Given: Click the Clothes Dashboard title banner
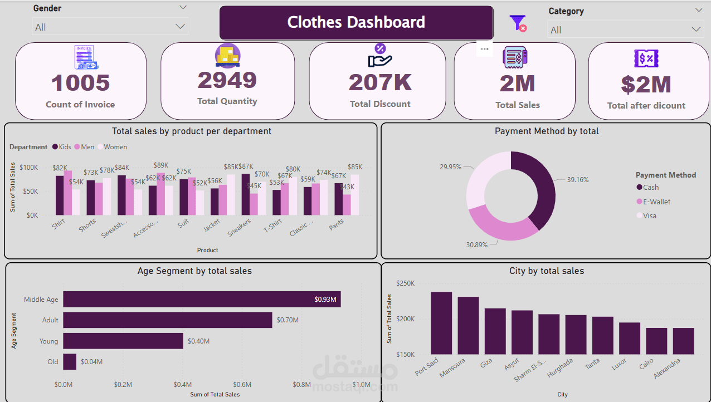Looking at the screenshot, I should (x=356, y=22).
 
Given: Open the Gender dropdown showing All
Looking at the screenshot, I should (x=110, y=27).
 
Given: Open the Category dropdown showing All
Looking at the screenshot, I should (x=625, y=30).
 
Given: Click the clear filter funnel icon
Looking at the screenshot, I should (x=518, y=23).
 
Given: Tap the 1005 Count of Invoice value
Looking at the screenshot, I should (x=80, y=83).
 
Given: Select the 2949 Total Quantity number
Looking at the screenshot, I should (x=227, y=80).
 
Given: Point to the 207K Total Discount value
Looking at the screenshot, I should (x=380, y=82).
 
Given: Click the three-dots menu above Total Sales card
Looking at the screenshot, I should (x=484, y=49).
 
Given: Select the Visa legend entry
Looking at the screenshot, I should (x=649, y=215).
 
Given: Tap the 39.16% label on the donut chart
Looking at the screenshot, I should (x=578, y=179).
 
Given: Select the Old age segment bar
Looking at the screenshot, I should (x=70, y=362).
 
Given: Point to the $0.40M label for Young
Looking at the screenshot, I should (x=198, y=341).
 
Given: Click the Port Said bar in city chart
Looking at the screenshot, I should (x=441, y=323).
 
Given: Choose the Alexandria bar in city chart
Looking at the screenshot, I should (x=683, y=341).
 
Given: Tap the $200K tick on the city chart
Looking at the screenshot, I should (x=405, y=319).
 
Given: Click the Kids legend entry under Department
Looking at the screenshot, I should (x=62, y=147).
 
